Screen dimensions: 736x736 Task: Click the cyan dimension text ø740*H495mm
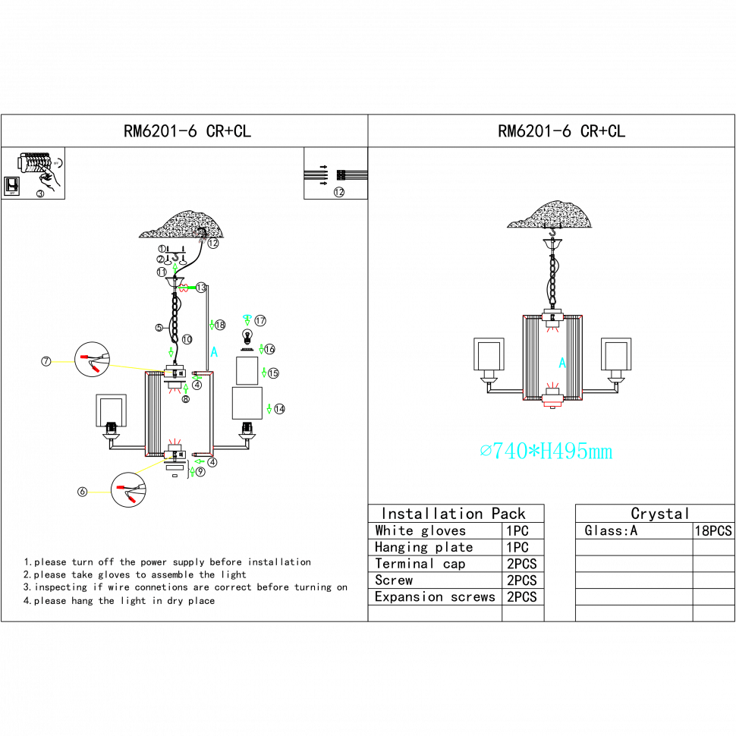(x=546, y=452)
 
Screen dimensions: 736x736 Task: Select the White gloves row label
(x=420, y=531)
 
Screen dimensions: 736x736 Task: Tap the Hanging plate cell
(x=423, y=548)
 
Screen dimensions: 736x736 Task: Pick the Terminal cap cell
(x=420, y=565)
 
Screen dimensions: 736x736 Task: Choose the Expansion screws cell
(x=434, y=597)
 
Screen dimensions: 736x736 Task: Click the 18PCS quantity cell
(x=713, y=531)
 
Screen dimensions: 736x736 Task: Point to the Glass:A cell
(x=612, y=531)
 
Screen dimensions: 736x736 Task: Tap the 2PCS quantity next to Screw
(x=521, y=580)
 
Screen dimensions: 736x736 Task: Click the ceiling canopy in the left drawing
(x=182, y=225)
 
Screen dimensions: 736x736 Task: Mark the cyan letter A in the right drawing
(x=562, y=363)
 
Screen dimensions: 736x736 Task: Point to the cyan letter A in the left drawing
(x=215, y=353)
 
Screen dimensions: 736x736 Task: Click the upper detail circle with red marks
(x=93, y=359)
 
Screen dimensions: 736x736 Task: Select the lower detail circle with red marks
(x=128, y=489)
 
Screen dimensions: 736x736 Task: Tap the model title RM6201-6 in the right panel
(x=562, y=132)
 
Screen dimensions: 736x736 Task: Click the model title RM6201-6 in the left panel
(x=187, y=132)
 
